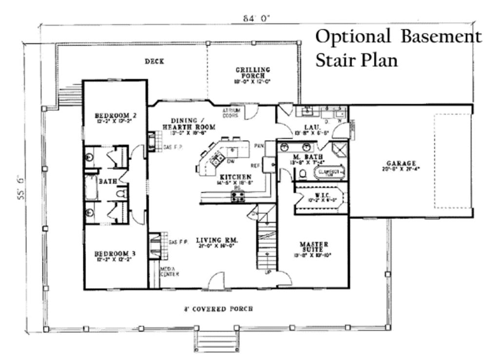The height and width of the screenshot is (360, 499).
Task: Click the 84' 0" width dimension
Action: [x=257, y=19]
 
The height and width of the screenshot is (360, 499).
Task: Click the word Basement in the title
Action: [x=441, y=37]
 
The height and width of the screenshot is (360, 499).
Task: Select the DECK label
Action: [x=154, y=61]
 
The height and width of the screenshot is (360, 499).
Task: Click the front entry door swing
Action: [x=216, y=282]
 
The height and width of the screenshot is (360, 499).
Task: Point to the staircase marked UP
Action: [x=267, y=246]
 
